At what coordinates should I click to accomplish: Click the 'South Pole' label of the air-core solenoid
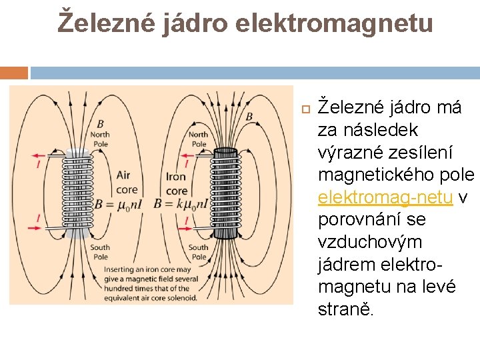point(100,252)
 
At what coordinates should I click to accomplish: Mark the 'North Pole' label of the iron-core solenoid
point(199,139)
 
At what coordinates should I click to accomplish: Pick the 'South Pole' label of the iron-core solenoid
point(198,252)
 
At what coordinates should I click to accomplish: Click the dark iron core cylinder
point(225,193)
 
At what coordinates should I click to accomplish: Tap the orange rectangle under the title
point(14,73)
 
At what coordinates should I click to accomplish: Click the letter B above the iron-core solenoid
point(249,116)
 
